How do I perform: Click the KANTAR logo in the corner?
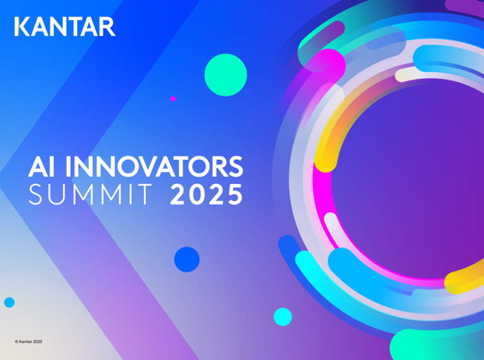65,27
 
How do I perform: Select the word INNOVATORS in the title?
155,166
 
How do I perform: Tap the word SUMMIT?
90,194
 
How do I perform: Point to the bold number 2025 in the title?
206,194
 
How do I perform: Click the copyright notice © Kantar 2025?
28,342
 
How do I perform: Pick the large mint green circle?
226,75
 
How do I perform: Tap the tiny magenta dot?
173,99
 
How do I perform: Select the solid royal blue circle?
187,259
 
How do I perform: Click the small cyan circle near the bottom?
283,317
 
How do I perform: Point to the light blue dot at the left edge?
9,303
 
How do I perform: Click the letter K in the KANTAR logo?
22,27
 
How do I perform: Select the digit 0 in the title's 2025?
198,194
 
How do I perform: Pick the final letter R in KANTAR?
107,27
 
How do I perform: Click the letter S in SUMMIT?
35,194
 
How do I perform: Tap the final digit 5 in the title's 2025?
235,194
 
